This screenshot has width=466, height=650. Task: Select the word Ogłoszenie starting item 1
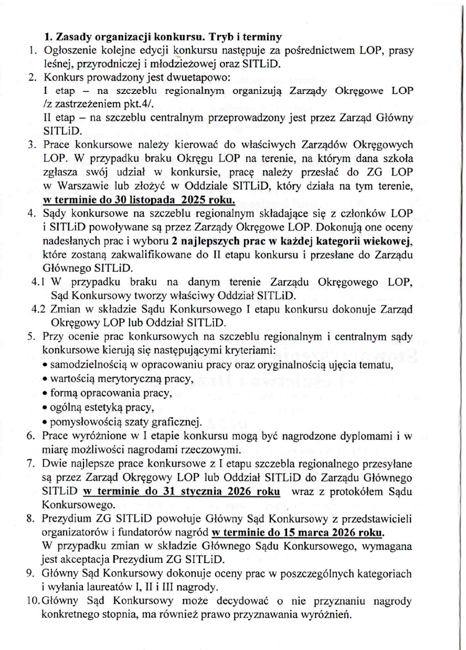pos(68,51)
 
